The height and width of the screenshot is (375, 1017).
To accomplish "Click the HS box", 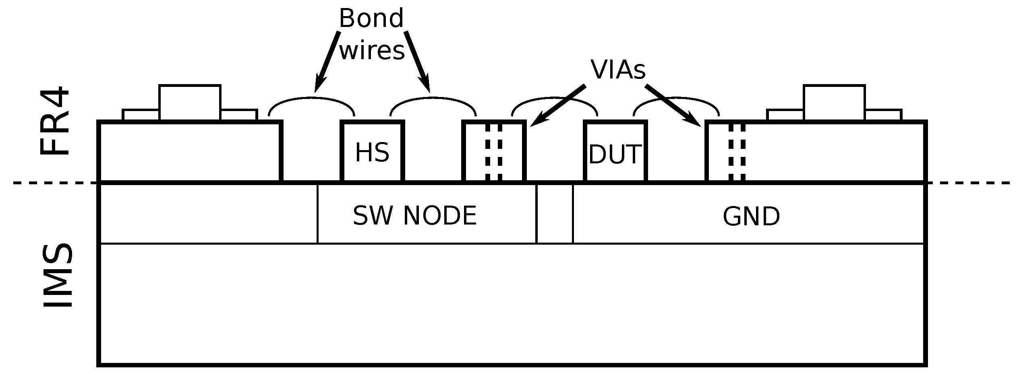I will click(x=372, y=152).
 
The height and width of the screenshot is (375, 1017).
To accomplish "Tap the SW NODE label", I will click(x=414, y=216).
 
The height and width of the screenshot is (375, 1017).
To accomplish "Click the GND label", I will click(x=751, y=217).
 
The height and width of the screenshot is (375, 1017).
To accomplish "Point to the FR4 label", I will click(x=55, y=121).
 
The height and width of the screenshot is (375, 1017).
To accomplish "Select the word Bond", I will click(x=371, y=19).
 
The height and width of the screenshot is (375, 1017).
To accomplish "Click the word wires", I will click(x=372, y=51).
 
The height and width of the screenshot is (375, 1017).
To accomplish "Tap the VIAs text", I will click(x=618, y=70).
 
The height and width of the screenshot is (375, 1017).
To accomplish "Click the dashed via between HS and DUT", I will click(x=494, y=152).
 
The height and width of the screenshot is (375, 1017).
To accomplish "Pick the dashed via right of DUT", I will click(x=737, y=152).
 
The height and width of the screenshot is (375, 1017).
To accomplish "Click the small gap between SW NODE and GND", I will click(x=555, y=214).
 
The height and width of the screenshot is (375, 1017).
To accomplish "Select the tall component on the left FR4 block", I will click(x=190, y=102).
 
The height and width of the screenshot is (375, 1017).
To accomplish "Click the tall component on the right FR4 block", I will click(x=834, y=102).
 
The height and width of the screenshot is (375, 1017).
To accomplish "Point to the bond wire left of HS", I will click(x=311, y=98).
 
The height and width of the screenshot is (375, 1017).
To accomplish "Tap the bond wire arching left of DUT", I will click(x=554, y=98).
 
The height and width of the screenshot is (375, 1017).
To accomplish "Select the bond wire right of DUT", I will click(x=676, y=98).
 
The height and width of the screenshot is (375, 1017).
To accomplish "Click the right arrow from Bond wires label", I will click(x=417, y=60).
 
